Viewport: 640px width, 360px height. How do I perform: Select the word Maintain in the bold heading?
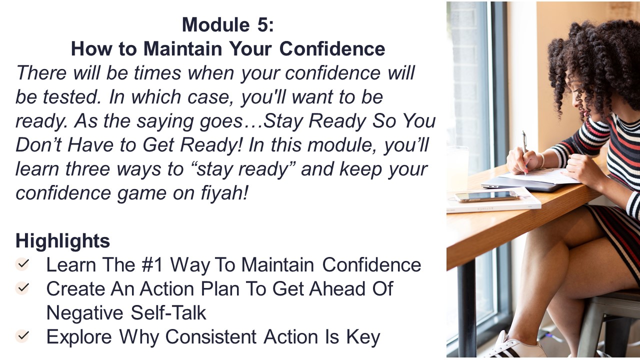pyautogui.click(x=183, y=48)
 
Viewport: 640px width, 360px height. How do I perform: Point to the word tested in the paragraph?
pyautogui.click(x=71, y=97)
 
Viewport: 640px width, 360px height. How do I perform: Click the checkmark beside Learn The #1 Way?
pyautogui.click(x=22, y=264)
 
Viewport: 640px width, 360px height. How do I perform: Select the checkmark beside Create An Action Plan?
pyautogui.click(x=22, y=287)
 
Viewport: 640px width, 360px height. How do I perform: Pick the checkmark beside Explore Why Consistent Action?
pyautogui.click(x=22, y=335)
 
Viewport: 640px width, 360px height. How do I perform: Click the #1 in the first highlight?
pyautogui.click(x=151, y=264)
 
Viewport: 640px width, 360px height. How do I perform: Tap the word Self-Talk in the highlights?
pyautogui.click(x=168, y=312)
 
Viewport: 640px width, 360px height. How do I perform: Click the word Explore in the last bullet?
pyautogui.click(x=79, y=337)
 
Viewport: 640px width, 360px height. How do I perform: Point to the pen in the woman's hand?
pyautogui.click(x=524, y=151)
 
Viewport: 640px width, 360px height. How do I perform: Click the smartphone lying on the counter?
pyautogui.click(x=487, y=196)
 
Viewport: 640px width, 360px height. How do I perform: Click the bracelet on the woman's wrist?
pyautogui.click(x=542, y=160)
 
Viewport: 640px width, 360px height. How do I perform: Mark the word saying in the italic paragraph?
pyautogui.click(x=165, y=121)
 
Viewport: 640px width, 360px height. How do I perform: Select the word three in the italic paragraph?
pyautogui.click(x=87, y=169)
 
